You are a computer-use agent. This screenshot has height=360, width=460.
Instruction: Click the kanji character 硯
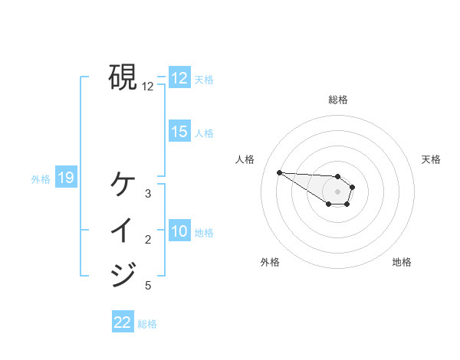point(123,77)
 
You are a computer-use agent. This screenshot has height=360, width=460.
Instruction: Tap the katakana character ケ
point(123,184)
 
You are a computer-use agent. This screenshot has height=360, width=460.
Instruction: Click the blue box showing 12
point(179,78)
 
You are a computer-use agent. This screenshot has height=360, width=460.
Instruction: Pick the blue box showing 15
point(179,132)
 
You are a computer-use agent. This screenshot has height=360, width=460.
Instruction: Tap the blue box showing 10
point(179,231)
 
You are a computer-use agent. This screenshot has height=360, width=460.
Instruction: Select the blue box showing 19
point(65,178)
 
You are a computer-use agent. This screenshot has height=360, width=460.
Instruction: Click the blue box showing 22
point(123,322)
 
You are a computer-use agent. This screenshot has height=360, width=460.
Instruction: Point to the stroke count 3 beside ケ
point(148,194)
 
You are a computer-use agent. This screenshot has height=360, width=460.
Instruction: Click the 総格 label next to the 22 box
point(147,324)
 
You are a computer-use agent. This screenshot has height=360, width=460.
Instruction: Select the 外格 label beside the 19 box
point(41,179)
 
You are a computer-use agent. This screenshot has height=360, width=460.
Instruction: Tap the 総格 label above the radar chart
point(338,100)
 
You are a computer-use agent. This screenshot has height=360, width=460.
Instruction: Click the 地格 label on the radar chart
point(402,262)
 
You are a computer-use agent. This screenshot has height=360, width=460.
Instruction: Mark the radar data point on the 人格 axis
point(279,172)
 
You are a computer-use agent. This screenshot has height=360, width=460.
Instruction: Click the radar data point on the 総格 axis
point(338,176)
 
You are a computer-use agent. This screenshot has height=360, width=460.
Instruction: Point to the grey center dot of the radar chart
point(338,191)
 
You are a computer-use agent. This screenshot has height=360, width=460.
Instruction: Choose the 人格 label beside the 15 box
point(204,133)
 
